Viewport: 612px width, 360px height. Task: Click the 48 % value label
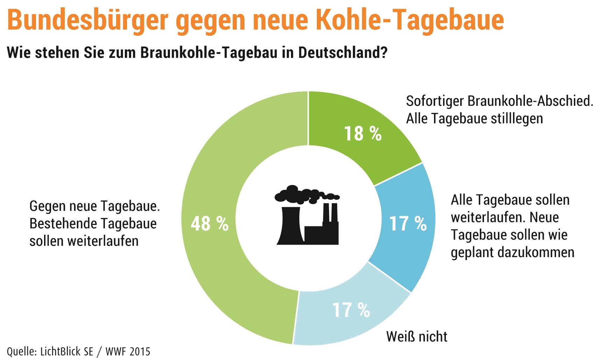pos(209,224)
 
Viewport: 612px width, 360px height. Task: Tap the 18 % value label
pos(363,134)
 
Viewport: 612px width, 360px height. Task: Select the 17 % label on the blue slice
pos(408,224)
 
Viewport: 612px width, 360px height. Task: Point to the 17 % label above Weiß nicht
pos(351,310)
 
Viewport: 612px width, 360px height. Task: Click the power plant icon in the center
pos(307,215)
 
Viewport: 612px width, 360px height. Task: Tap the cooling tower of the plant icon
pos(290,226)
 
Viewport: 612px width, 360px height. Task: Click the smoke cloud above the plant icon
pos(301,195)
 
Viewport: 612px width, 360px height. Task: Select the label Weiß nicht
pos(417,337)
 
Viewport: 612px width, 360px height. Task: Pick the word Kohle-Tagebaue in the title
pos(410,20)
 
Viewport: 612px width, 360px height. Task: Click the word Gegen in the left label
pos(48,206)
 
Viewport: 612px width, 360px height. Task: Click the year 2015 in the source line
pos(139,351)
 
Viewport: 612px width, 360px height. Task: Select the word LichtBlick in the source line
pos(67,351)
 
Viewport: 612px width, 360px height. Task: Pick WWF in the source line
pos(116,351)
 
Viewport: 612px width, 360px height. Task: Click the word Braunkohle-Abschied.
pos(530,101)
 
